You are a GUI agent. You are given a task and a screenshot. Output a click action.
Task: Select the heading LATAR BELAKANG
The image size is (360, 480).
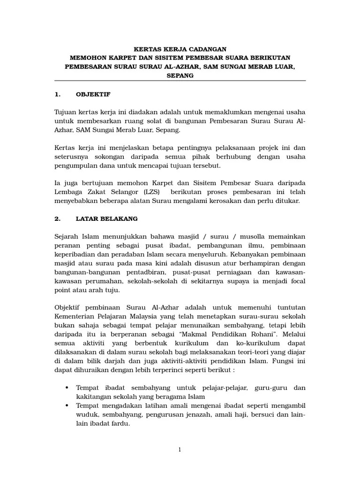tap(106, 218)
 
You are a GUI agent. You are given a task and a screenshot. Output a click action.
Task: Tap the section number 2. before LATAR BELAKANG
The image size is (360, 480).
tap(58, 218)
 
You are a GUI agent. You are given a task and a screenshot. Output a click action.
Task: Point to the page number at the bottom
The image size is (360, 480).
tap(180, 450)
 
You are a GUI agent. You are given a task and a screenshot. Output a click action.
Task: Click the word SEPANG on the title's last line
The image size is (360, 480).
tap(180, 75)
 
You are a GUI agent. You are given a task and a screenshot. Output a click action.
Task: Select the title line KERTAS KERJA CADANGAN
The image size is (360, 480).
tap(180, 48)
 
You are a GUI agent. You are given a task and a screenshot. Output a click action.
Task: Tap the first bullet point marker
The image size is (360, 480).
tap(66, 388)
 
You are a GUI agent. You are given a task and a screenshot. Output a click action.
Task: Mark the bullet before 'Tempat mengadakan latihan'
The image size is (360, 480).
tap(66, 405)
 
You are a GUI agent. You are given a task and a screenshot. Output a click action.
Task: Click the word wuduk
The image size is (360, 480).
tap(88, 414)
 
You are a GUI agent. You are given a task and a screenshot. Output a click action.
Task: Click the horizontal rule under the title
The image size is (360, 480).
tap(180, 81)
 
